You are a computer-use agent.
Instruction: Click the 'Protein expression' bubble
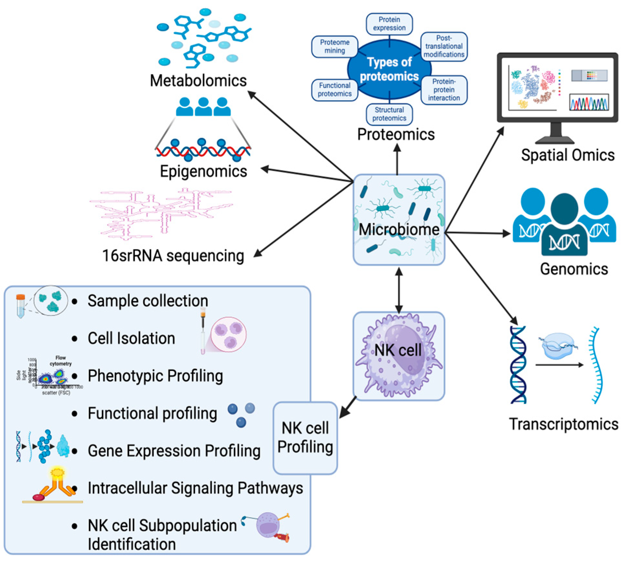pos(389,24)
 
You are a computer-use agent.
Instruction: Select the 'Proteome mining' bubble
pos(334,47)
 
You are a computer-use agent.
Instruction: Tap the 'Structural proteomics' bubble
pos(389,114)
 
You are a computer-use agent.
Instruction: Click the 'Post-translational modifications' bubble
pos(444,47)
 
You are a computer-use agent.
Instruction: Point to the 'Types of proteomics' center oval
pos(389,69)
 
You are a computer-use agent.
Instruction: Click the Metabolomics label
pos(198,81)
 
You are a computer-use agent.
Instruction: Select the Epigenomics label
pos(203,171)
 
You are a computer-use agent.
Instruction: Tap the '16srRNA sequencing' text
pos(173,256)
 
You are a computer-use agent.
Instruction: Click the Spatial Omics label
pos(568,155)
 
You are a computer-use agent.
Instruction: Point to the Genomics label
pos(574,269)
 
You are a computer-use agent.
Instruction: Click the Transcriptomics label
pos(563,424)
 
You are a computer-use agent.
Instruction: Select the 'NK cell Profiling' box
pos(305,438)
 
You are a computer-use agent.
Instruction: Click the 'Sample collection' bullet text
pos(148,301)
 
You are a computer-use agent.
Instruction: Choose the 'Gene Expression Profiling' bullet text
pos(174,451)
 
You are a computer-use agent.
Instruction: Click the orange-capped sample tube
pos(20,306)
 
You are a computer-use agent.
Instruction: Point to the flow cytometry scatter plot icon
pos(52,377)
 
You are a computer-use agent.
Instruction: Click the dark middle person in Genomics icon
pos(564,226)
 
